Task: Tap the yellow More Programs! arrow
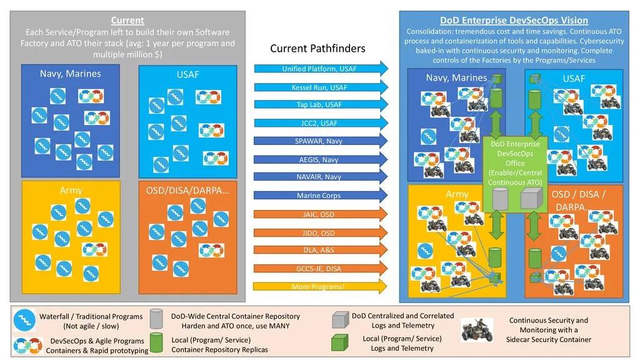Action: point(319,287)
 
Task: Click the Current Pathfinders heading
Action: point(317,48)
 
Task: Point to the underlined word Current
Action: point(127,21)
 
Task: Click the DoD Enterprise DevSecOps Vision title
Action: point(514,21)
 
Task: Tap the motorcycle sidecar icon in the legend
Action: point(476,331)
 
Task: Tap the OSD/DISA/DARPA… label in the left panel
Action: point(187,190)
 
